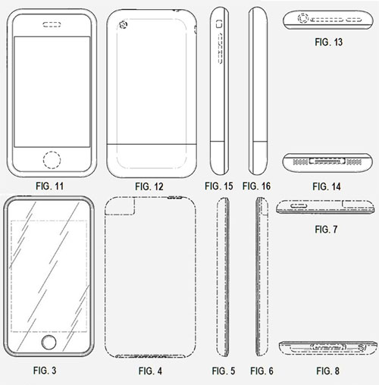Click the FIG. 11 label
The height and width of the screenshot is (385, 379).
[50, 186]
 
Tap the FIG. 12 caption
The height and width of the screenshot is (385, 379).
[149, 186]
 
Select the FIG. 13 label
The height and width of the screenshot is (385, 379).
[328, 42]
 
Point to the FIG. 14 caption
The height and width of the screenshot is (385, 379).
[327, 186]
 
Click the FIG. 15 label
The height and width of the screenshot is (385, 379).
[219, 186]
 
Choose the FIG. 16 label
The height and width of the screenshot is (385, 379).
[256, 186]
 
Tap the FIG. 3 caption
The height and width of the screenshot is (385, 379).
[45, 371]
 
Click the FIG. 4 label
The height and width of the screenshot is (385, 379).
[150, 371]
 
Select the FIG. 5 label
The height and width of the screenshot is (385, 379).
[224, 371]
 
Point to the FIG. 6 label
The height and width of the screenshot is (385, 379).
[262, 371]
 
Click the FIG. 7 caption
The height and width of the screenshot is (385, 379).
[326, 230]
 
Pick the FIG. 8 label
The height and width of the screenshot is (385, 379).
[327, 371]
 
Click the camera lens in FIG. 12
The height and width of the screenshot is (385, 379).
[123, 25]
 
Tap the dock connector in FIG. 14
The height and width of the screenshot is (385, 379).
[327, 161]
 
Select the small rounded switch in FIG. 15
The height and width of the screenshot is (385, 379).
[219, 24]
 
